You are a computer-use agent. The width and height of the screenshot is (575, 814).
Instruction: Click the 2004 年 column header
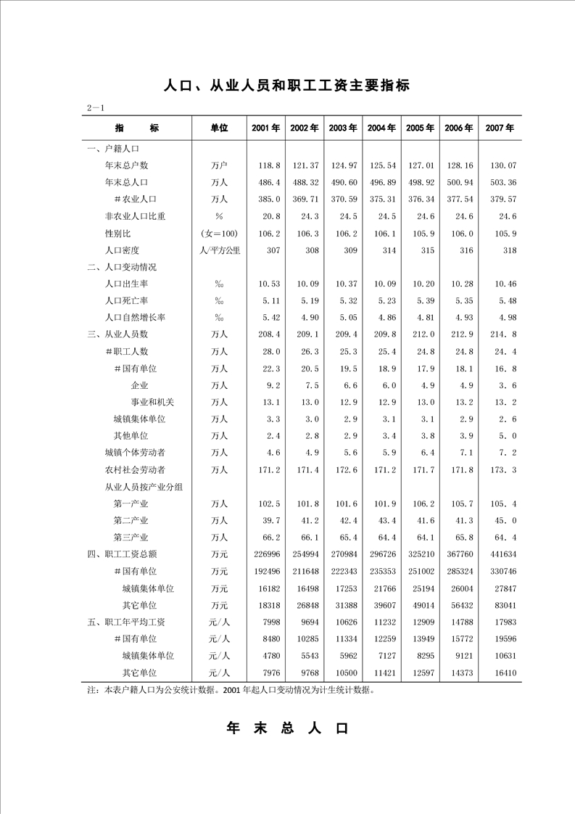pyautogui.click(x=381, y=128)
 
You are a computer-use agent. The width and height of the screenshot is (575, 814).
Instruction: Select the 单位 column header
pyautogui.click(x=218, y=128)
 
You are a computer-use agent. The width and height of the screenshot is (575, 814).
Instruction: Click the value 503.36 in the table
pyautogui.click(x=500, y=182)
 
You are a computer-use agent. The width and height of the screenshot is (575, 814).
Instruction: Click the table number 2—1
pyautogui.click(x=96, y=108)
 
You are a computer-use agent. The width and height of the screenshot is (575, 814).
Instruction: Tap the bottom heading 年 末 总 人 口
pyautogui.click(x=288, y=728)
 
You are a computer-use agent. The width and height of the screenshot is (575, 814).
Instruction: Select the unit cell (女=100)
pyautogui.click(x=219, y=234)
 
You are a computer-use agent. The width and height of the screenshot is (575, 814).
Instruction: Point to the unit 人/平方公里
pyautogui.click(x=219, y=250)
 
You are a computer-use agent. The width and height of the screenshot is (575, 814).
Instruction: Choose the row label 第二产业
pyautogui.click(x=131, y=520)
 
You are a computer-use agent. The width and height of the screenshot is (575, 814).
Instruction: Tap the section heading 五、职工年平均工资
pyautogui.click(x=126, y=622)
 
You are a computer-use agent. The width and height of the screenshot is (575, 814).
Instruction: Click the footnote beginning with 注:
pyautogui.click(x=231, y=690)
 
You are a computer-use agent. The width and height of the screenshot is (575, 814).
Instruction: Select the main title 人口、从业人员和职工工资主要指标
pyautogui.click(x=287, y=86)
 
